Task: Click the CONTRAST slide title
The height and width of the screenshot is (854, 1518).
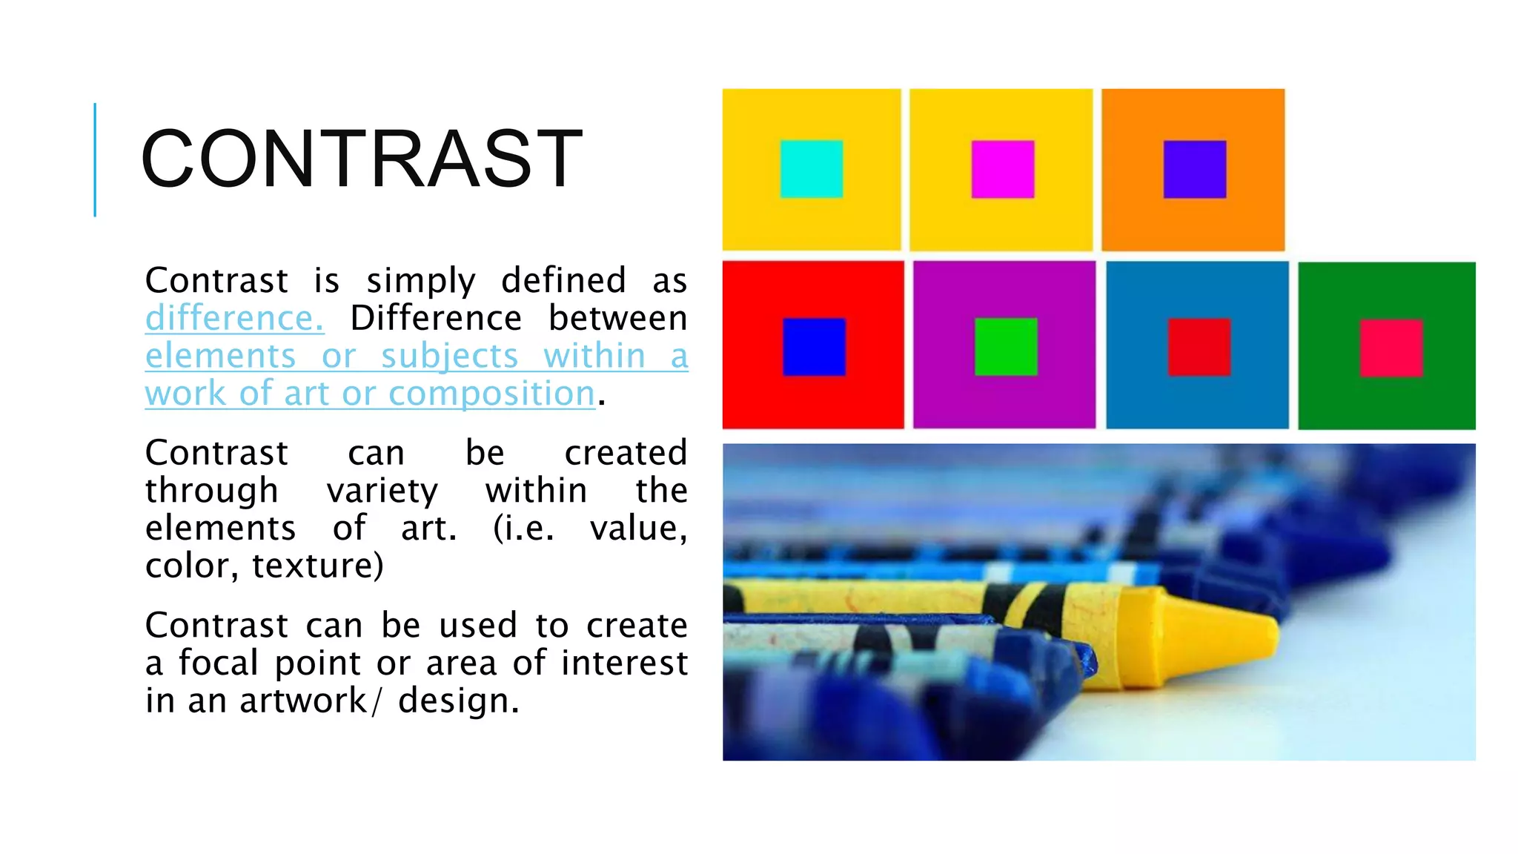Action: pos(362,159)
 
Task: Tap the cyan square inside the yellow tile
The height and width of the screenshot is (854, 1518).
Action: pos(811,169)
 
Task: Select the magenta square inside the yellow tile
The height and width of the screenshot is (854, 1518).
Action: pos(1002,169)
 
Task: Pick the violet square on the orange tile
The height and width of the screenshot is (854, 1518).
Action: pos(1194,169)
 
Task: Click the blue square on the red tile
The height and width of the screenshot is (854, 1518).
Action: pos(814,346)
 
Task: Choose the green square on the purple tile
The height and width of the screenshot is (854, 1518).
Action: pos(1005,346)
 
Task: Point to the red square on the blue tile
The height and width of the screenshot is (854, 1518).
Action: pos(1199,347)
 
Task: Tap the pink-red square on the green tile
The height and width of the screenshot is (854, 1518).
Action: pos(1391,348)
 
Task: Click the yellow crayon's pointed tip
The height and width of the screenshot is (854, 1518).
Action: pos(1253,632)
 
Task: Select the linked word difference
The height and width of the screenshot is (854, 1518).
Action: pos(234,319)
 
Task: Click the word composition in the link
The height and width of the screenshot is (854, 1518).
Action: pos(491,394)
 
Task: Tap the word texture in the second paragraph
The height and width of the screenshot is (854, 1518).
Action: pos(317,566)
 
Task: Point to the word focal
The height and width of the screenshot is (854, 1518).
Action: pos(218,663)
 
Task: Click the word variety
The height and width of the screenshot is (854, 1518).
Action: pos(382,491)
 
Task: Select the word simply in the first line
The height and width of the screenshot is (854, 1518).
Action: pos(420,282)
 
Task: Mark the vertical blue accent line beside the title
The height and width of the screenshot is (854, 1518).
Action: pos(95,159)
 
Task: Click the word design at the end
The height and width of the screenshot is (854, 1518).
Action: pos(457,701)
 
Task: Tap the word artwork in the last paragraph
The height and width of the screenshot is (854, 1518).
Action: pos(303,701)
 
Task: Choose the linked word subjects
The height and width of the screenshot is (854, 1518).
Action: pos(449,357)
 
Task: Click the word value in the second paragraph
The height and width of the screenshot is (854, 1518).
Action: pos(637,529)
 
